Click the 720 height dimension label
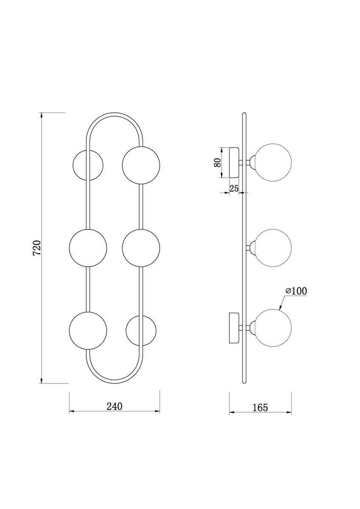37,248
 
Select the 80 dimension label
217,162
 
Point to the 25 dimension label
234,188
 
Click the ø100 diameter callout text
296,291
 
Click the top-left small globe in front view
87,165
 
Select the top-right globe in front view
141,165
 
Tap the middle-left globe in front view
88,248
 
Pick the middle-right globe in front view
141,248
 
